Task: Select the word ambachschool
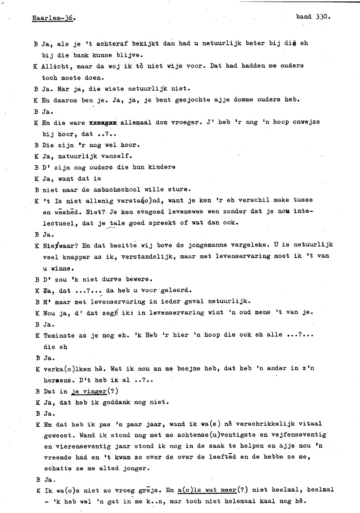(x=117, y=190)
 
